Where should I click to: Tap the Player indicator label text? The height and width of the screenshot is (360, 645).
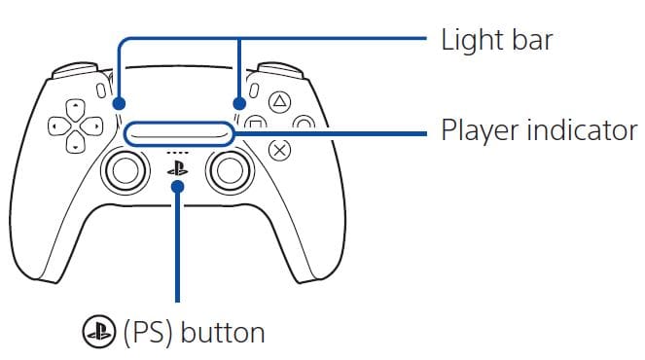pyautogui.click(x=538, y=130)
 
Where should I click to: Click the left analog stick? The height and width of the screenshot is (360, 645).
pyautogui.click(x=125, y=170)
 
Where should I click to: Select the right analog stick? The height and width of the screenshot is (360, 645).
pyautogui.click(x=230, y=170)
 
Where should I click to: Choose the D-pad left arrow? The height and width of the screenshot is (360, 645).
pyautogui.click(x=55, y=126)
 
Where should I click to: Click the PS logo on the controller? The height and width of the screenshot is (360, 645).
pyautogui.click(x=177, y=167)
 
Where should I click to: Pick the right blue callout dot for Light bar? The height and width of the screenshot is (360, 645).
pyautogui.click(x=238, y=101)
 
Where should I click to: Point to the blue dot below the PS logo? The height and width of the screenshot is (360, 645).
pyautogui.click(x=177, y=187)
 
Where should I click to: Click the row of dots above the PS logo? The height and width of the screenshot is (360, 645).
pyautogui.click(x=177, y=153)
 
